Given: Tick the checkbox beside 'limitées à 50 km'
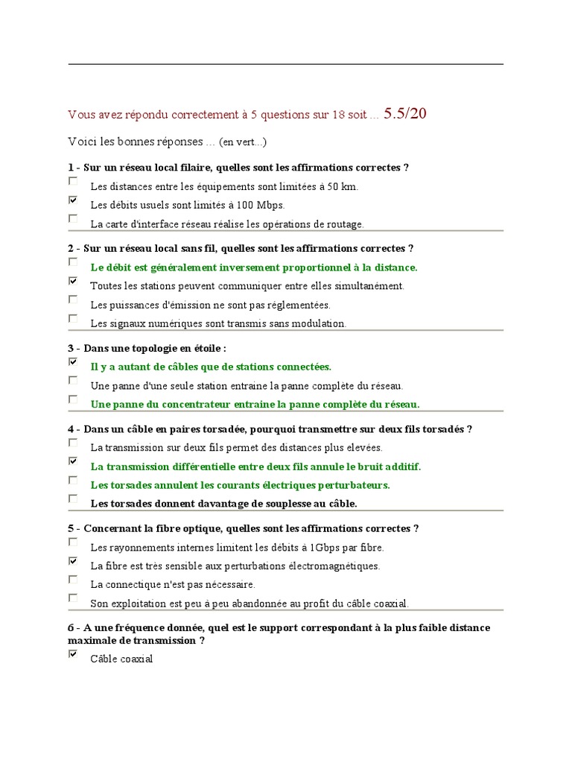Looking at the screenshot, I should coord(73,181).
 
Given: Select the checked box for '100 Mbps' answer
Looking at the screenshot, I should coord(73,200).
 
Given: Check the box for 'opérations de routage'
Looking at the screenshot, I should coord(73,218).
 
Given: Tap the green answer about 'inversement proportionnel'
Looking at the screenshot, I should coord(254,267).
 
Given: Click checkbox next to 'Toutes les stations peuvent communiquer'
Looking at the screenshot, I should coord(73,281).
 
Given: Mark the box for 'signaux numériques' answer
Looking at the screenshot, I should coord(73,318).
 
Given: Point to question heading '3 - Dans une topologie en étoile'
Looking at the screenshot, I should coord(147,348).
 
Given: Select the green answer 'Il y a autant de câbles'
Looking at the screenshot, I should coord(211,367).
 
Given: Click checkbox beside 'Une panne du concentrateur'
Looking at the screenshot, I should coord(73,399).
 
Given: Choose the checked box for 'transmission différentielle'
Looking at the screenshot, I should coord(73,461).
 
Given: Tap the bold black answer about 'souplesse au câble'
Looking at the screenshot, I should coord(223,504).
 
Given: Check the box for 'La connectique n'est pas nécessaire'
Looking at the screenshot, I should coord(73,579).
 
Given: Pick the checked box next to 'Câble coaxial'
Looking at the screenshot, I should coord(73,653).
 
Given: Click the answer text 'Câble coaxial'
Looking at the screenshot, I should coord(121,659).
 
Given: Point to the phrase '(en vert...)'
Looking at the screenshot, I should coord(242,142).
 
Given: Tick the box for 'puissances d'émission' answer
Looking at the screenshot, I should coord(73,300).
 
